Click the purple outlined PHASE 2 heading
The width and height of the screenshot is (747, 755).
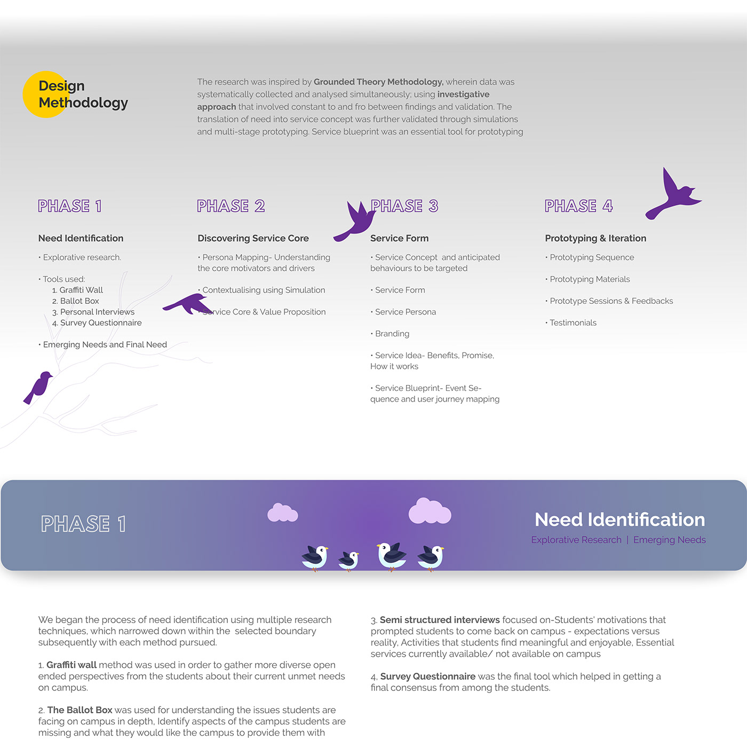(x=231, y=206)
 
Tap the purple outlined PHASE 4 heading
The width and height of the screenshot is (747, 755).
(x=578, y=206)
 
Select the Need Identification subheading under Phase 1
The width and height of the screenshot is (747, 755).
(x=81, y=238)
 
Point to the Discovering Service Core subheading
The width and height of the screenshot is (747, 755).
(x=253, y=238)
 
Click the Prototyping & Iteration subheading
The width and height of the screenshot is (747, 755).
(x=595, y=238)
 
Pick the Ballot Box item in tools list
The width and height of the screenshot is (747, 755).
(x=79, y=301)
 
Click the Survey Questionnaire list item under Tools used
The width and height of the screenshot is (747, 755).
(x=100, y=323)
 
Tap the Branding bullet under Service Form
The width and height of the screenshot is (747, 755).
(x=392, y=334)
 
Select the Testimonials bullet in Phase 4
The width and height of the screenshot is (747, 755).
(x=573, y=323)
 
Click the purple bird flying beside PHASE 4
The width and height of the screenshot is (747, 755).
(x=674, y=194)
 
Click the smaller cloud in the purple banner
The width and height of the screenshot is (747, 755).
(x=282, y=513)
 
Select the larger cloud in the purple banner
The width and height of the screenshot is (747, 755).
(x=430, y=512)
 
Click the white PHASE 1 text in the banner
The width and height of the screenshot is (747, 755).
(x=83, y=524)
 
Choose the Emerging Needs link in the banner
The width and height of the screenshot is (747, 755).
(x=669, y=540)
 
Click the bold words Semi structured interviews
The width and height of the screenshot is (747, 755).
(x=440, y=620)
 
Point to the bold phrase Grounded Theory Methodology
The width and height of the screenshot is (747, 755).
(x=378, y=82)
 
